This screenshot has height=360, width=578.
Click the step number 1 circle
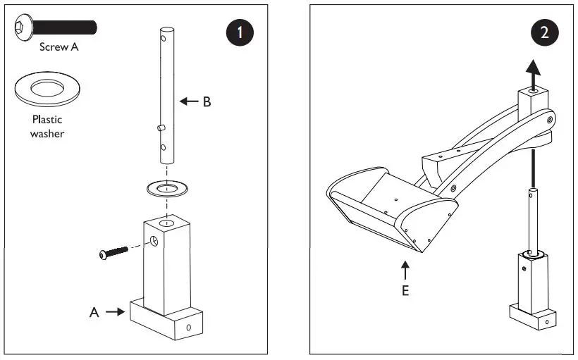(241, 33)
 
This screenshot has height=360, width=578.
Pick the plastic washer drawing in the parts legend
(47, 89)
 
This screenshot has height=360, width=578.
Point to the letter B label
(207, 101)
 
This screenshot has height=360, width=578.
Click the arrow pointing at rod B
(188, 101)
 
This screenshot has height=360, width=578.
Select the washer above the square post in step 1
(166, 189)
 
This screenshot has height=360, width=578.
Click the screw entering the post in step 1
(116, 251)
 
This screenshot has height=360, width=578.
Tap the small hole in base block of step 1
(189, 328)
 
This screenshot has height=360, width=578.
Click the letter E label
(405, 290)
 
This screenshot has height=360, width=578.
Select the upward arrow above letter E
(405, 270)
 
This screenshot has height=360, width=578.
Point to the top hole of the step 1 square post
(166, 223)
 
